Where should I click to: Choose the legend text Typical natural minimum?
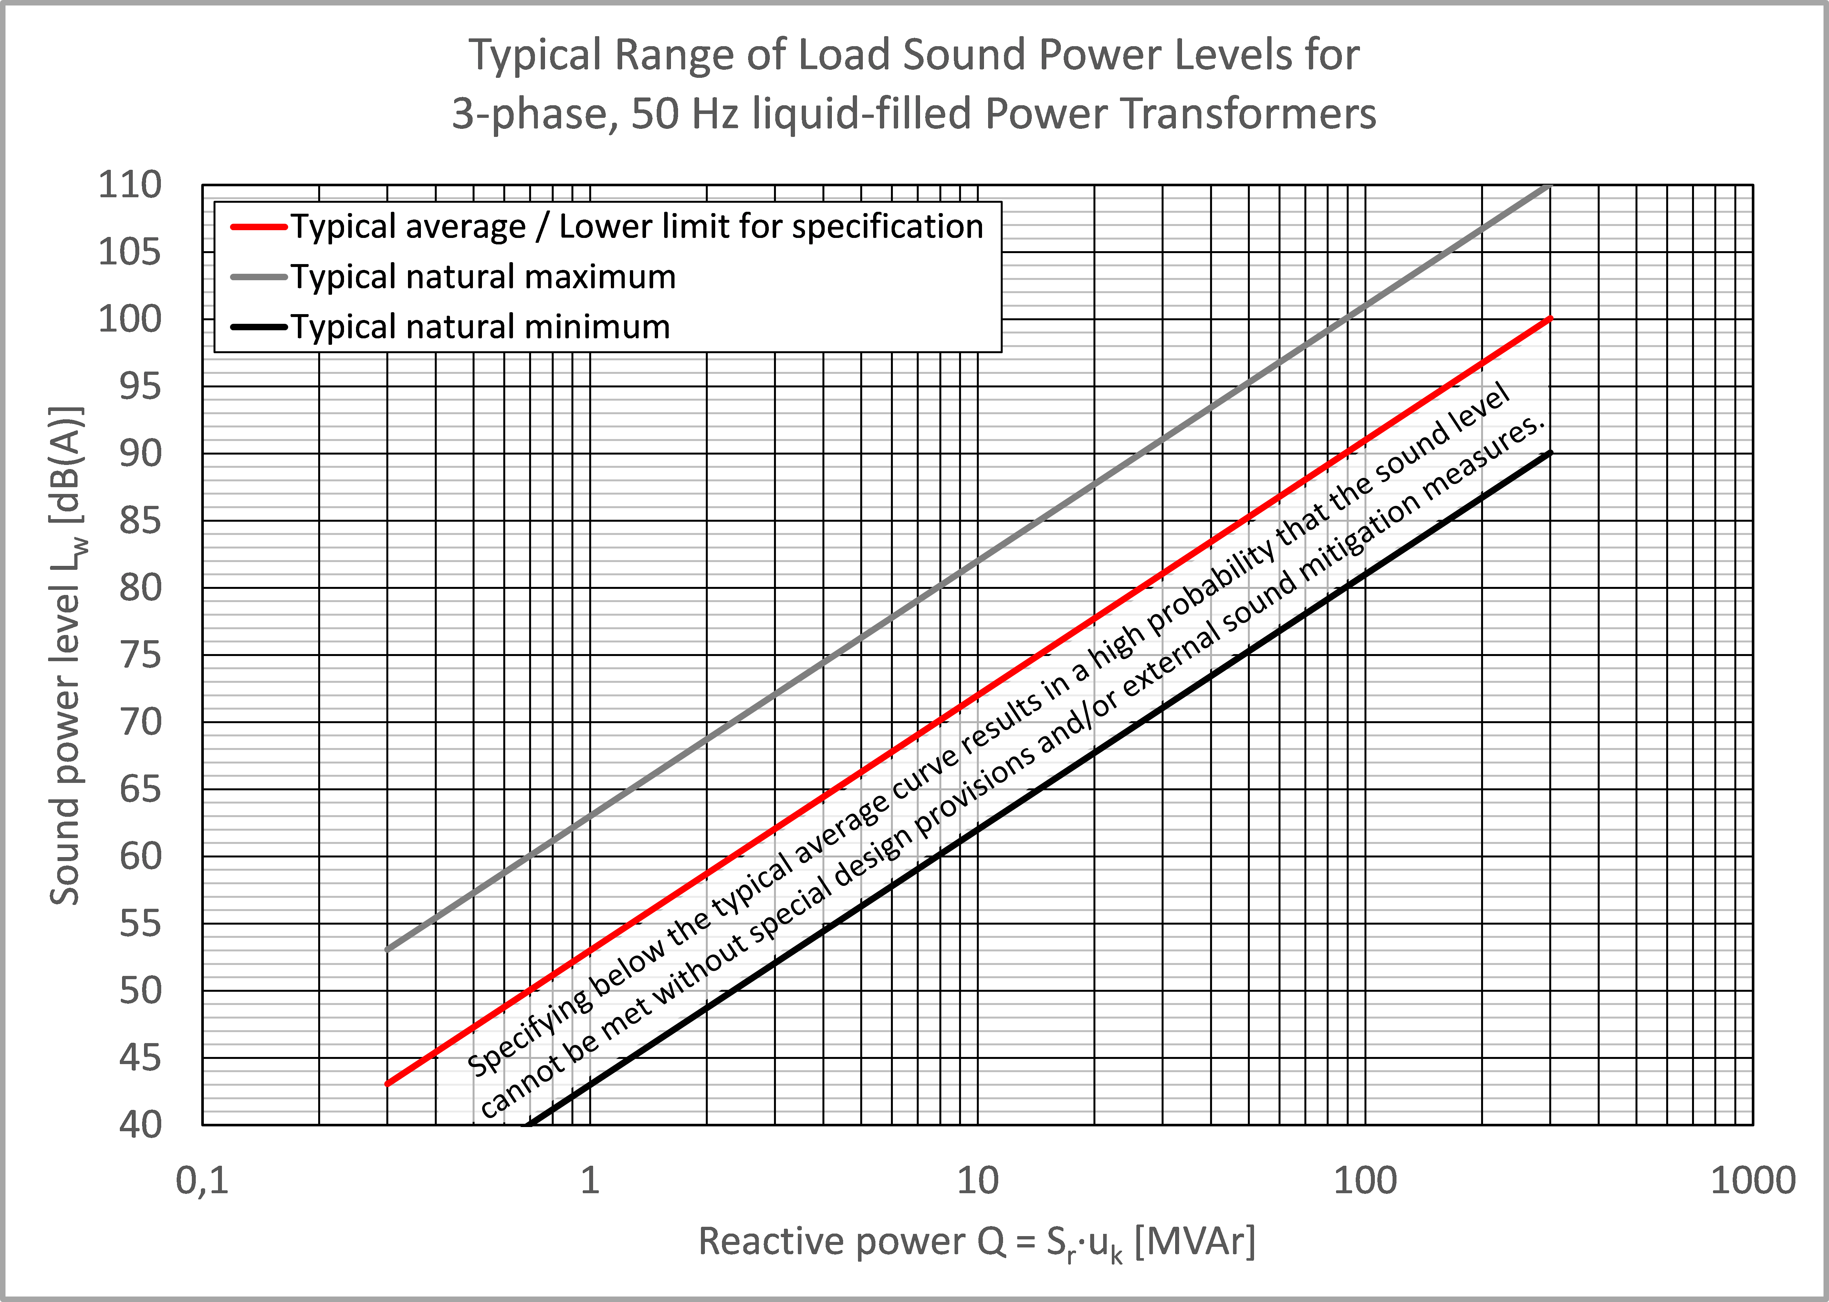click(x=480, y=327)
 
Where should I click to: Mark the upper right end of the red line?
click(x=1550, y=319)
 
